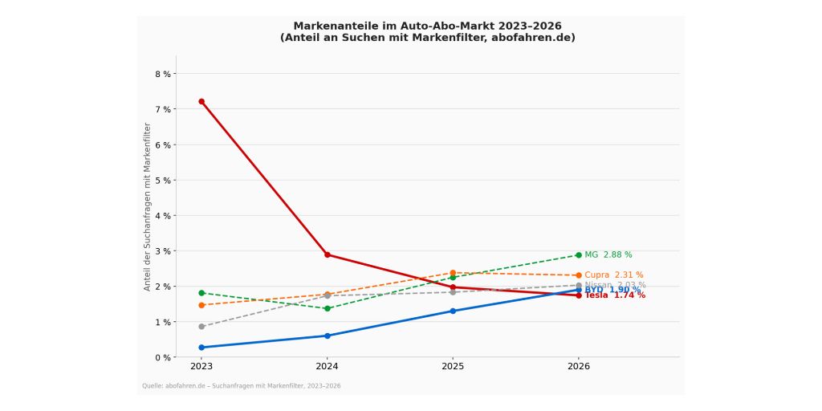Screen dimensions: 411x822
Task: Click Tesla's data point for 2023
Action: (201, 102)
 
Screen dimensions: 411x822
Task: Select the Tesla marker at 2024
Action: (327, 254)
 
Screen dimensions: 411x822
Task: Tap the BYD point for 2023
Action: (201, 348)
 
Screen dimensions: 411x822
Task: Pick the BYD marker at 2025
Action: (453, 311)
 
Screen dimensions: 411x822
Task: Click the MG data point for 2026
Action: (578, 255)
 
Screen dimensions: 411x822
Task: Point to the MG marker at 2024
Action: (327, 308)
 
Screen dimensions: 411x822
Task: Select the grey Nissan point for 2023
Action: (201, 327)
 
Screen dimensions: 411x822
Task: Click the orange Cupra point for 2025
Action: (453, 273)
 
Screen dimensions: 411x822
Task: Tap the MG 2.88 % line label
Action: (608, 255)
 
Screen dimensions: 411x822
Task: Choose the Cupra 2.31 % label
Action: (613, 275)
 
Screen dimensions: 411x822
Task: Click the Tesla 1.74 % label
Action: (614, 295)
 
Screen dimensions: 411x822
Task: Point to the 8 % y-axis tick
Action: (162, 74)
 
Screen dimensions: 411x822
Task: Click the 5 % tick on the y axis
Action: (162, 180)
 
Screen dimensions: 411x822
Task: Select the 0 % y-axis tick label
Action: (162, 357)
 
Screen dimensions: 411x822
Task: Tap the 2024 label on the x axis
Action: (327, 367)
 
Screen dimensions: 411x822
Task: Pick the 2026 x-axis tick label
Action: (578, 367)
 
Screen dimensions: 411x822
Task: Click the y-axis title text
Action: (148, 206)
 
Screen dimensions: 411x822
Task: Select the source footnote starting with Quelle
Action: (241, 386)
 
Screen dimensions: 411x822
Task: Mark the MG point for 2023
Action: (201, 293)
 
